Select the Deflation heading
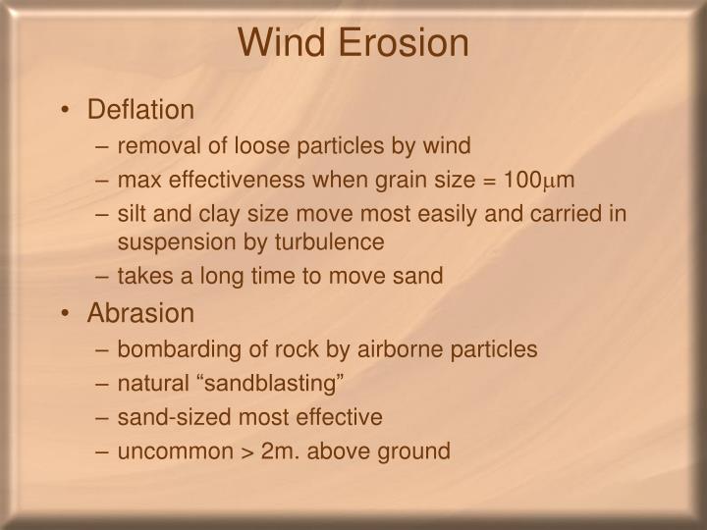click(141, 109)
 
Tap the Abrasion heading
click(140, 313)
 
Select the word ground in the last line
click(416, 451)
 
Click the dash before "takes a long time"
click(103, 277)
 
